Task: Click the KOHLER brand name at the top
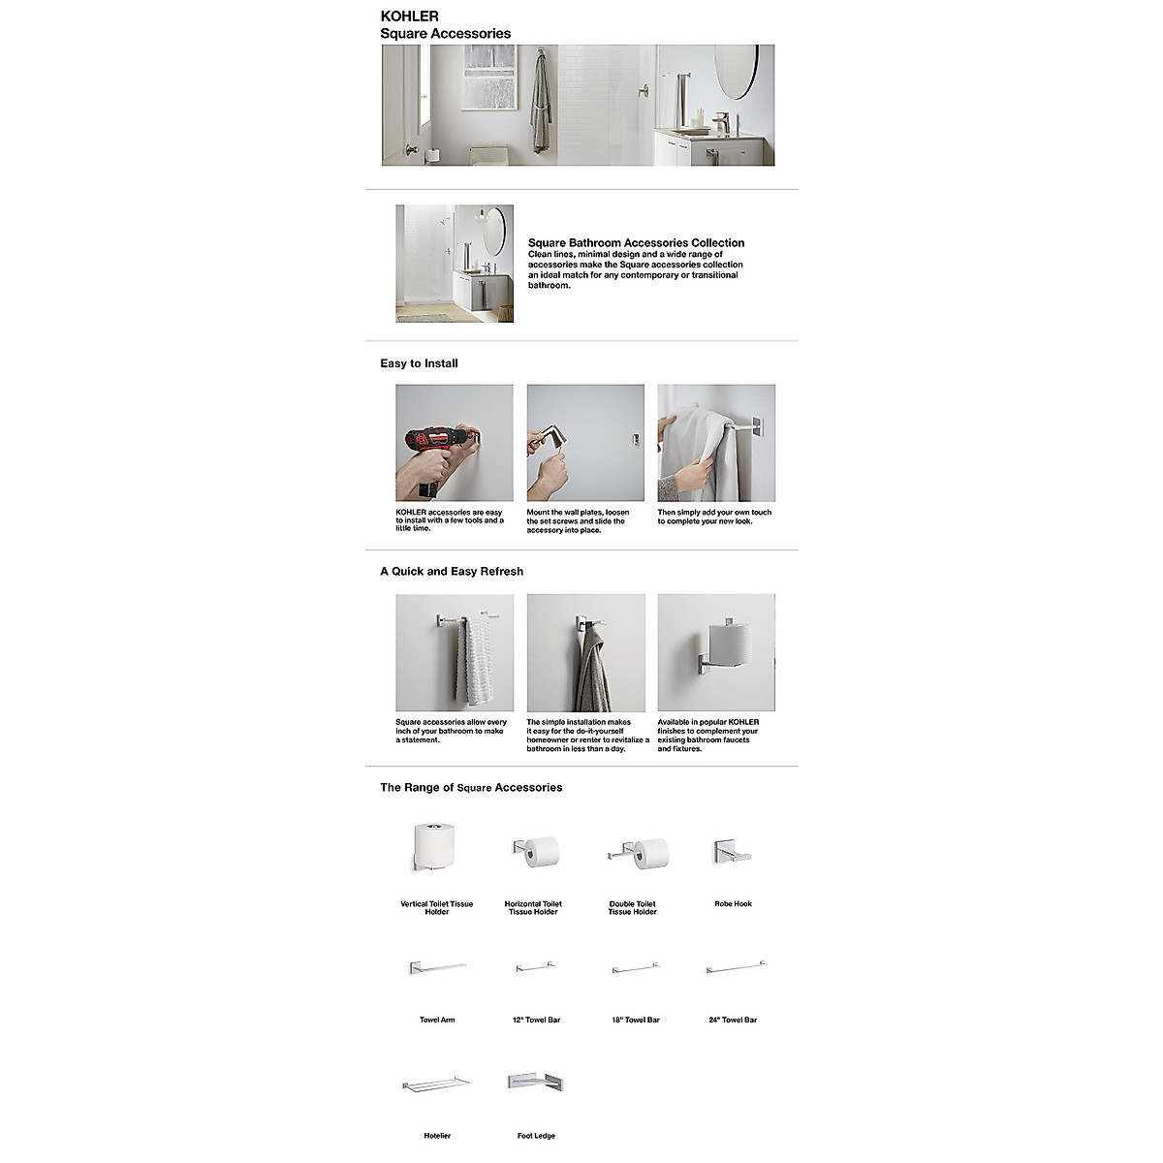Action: pyautogui.click(x=409, y=16)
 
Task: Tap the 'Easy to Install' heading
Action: pyautogui.click(x=419, y=363)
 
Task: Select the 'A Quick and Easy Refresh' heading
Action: pyautogui.click(x=452, y=572)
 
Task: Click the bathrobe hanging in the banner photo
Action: pyautogui.click(x=540, y=107)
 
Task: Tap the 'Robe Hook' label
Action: pyautogui.click(x=733, y=903)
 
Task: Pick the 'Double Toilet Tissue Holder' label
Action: pyautogui.click(x=632, y=907)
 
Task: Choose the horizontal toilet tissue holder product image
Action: pyautogui.click(x=535, y=851)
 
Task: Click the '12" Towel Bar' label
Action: pyautogui.click(x=536, y=1020)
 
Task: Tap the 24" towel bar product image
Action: pyautogui.click(x=736, y=966)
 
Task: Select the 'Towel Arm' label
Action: pyautogui.click(x=437, y=1020)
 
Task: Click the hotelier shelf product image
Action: pyautogui.click(x=435, y=1082)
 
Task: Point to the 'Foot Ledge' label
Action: pyautogui.click(x=536, y=1136)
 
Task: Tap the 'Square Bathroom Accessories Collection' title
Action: pyautogui.click(x=636, y=243)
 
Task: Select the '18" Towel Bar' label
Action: pyautogui.click(x=635, y=1020)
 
